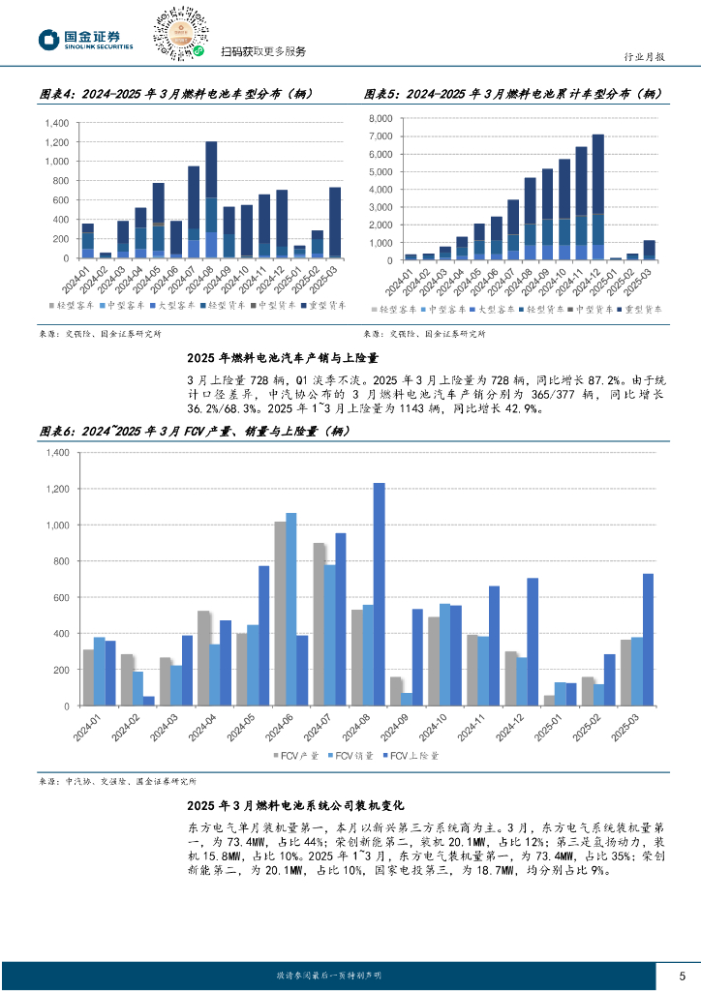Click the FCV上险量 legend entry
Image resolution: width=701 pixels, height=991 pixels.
tap(410, 755)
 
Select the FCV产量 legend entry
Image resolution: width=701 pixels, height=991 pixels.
tap(291, 755)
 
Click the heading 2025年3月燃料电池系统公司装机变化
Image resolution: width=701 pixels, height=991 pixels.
tap(296, 804)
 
